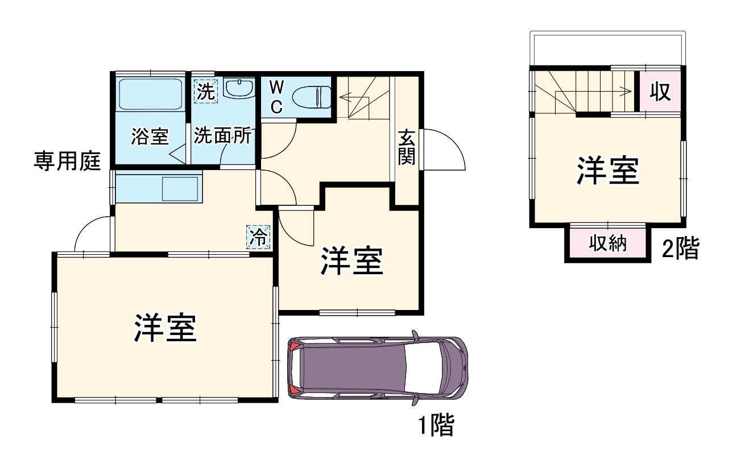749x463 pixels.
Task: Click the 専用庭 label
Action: tap(67, 162)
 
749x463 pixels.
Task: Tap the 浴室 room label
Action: tap(150, 137)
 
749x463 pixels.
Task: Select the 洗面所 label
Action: tap(222, 137)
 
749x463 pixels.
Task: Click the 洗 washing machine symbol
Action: tap(205, 91)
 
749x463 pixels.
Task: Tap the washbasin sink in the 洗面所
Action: tap(239, 88)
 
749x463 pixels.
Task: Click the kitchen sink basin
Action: tap(180, 189)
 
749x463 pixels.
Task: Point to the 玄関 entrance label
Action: tap(407, 147)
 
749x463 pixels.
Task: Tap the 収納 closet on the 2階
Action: tap(607, 243)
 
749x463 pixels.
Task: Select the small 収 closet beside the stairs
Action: tap(660, 92)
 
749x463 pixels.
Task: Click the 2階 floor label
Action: tap(680, 249)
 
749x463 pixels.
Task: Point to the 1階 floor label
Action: tap(436, 425)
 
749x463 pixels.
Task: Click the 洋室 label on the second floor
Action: tap(608, 170)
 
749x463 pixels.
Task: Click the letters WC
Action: tap(276, 97)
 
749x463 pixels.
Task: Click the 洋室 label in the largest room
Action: tap(165, 327)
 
